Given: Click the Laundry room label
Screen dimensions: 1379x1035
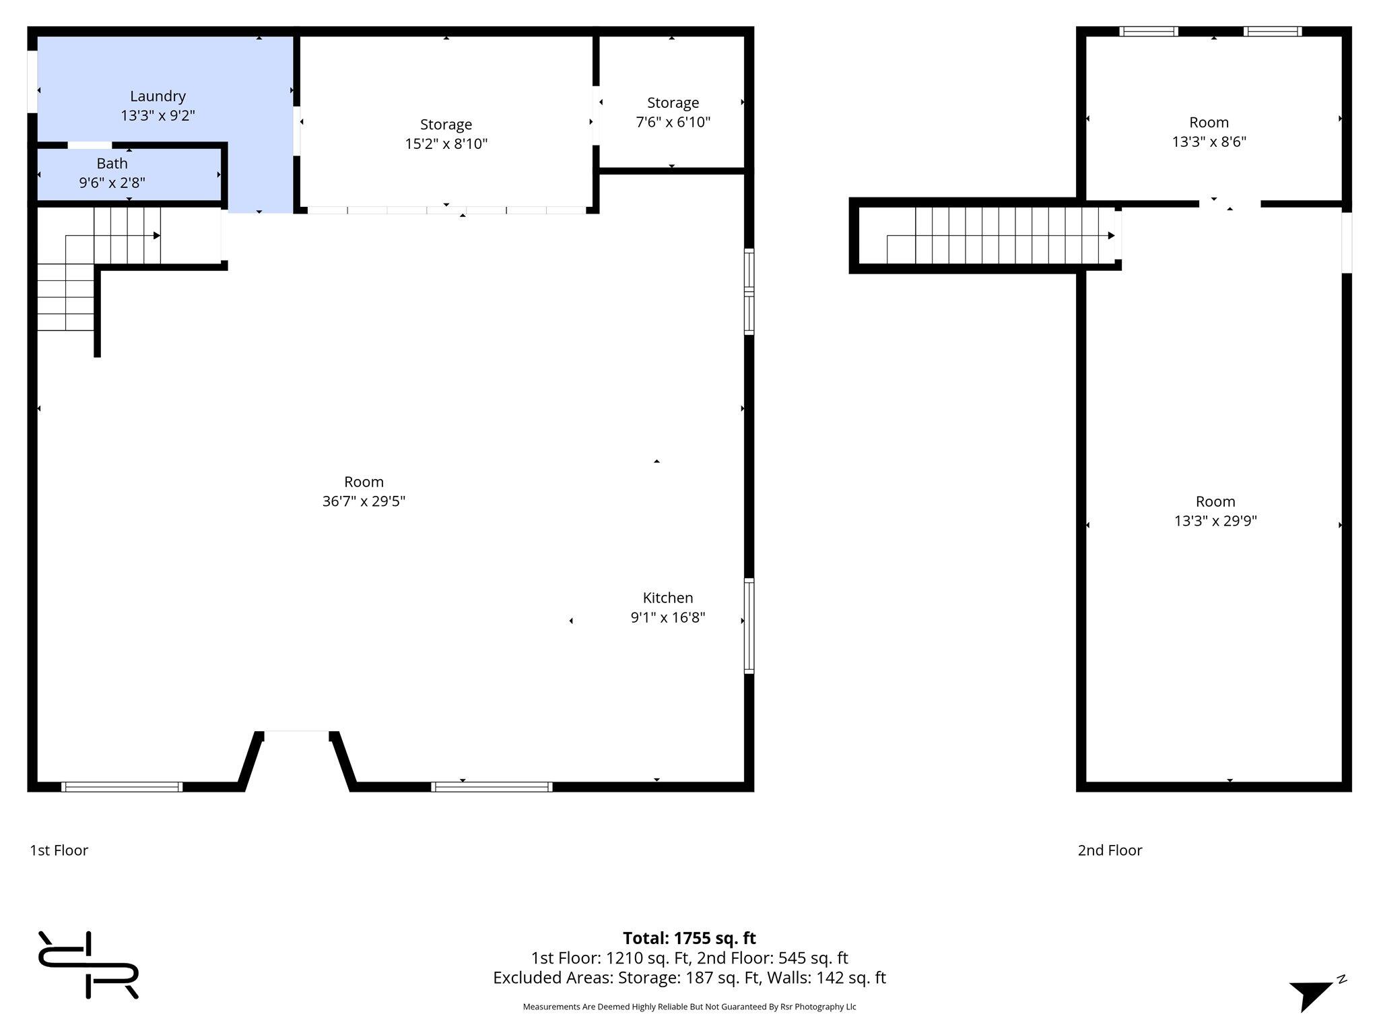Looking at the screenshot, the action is point(158,96).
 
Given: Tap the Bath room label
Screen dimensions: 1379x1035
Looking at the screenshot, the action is point(112,163).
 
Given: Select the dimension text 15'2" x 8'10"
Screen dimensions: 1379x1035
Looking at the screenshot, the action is point(446,144).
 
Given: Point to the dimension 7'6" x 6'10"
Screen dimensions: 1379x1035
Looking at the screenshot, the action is point(673,122).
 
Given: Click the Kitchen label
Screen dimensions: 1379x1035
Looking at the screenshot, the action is point(667,598).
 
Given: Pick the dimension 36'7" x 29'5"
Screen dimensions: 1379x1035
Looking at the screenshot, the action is point(364,501).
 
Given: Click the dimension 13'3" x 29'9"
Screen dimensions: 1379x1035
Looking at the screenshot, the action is point(1215,521).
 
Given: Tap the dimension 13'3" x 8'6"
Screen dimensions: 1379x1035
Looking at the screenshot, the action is point(1209,142).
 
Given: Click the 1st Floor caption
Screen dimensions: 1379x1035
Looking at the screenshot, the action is point(59,850).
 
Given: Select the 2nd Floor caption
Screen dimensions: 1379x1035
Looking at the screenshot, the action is point(1110,850).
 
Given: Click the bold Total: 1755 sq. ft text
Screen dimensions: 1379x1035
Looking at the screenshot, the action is point(689,938).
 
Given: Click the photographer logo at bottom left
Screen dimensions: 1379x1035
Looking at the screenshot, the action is point(88,965).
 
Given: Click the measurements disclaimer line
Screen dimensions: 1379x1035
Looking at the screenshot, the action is point(689,1007).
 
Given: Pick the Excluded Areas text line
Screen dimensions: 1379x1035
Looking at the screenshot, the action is point(689,978).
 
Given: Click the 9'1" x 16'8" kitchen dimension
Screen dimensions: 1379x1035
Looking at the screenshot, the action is point(667,617).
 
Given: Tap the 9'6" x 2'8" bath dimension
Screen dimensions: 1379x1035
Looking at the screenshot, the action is point(112,183).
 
